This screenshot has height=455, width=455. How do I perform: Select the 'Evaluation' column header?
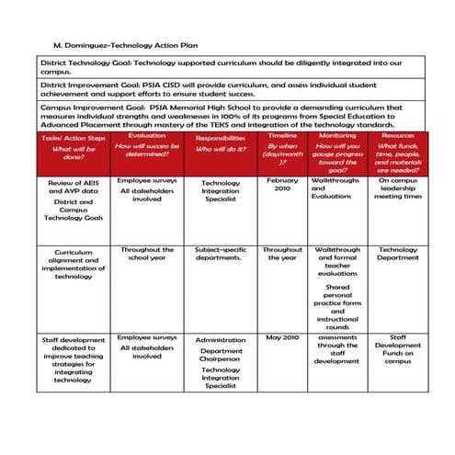click(147, 135)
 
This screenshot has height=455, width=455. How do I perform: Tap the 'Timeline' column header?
click(282, 135)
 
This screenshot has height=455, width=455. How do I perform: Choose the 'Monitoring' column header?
click(337, 135)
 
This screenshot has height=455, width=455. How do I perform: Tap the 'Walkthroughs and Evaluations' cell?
click(337, 188)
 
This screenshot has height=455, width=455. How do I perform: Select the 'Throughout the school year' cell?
click(147, 255)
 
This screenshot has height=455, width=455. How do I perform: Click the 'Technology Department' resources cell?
click(398, 255)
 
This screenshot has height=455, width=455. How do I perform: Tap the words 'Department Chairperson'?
click(221, 356)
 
